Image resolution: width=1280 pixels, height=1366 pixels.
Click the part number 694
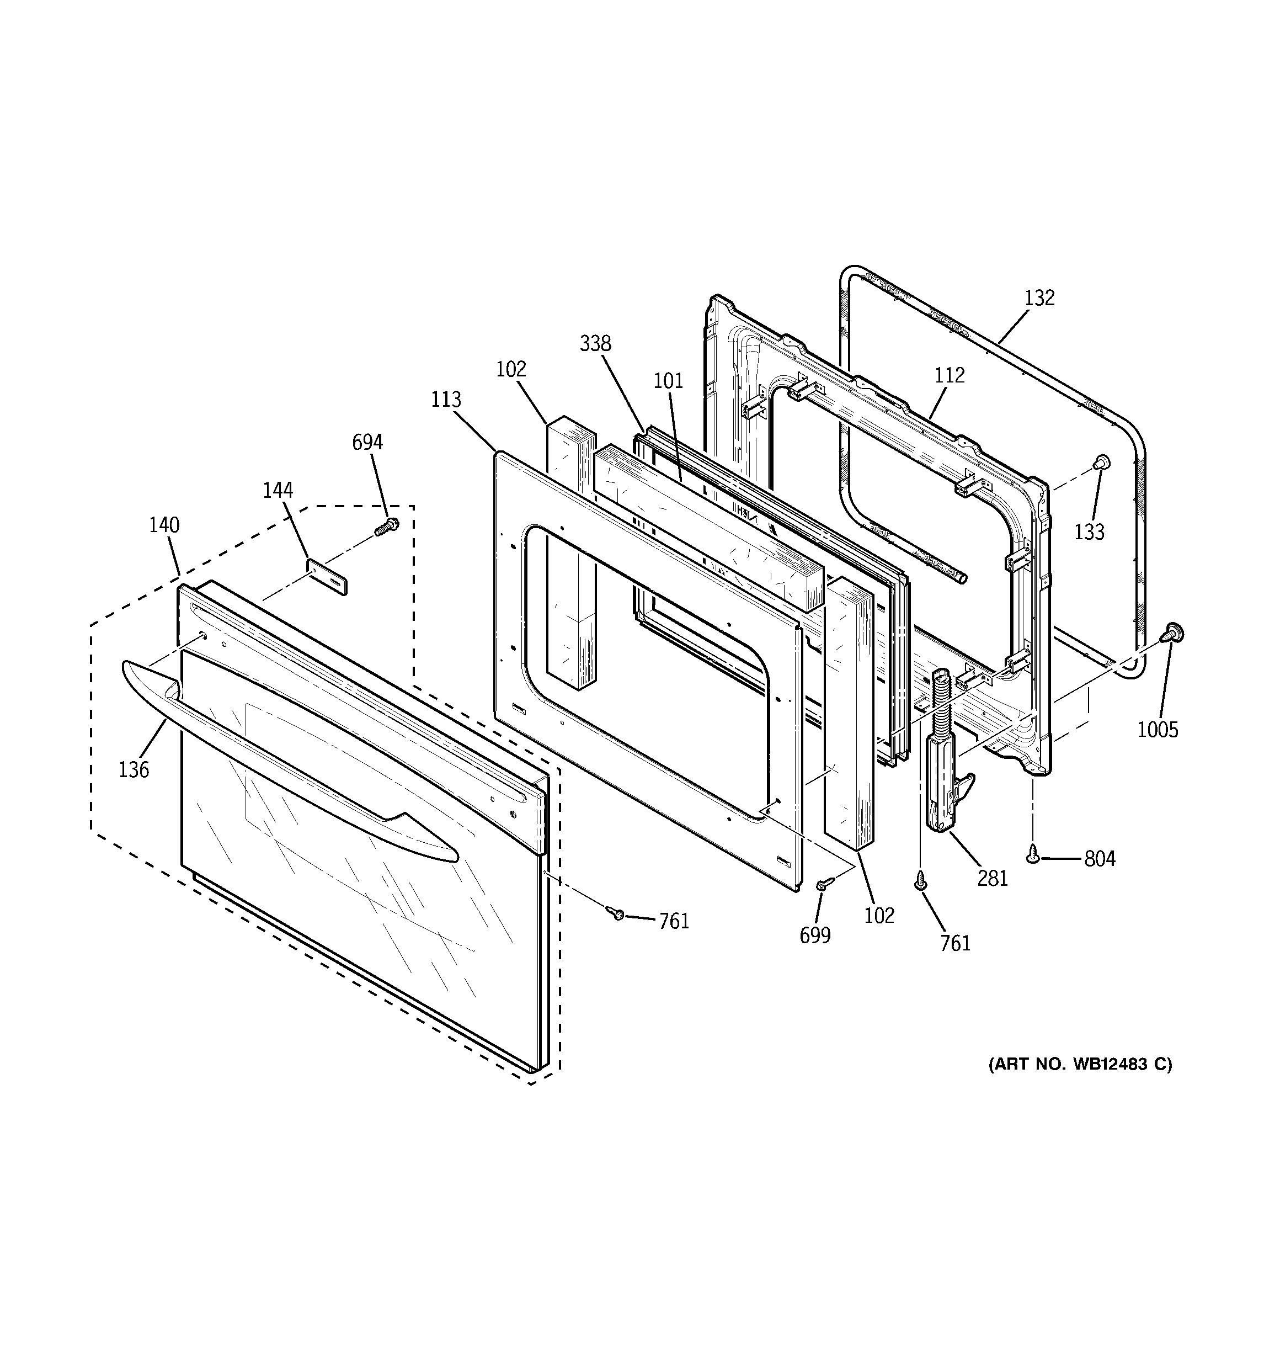(x=367, y=443)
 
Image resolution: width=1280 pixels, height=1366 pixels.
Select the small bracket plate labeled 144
(x=327, y=576)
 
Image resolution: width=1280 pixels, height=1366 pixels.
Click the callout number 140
(x=164, y=525)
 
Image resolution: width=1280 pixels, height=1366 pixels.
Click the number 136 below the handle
(x=134, y=769)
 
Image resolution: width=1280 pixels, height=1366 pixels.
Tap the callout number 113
(x=446, y=399)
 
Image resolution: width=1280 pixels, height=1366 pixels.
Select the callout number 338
(x=595, y=343)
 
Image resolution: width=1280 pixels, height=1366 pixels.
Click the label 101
(x=668, y=381)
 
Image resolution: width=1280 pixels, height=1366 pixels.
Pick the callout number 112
(x=950, y=375)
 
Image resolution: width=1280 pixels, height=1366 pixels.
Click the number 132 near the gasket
(x=1039, y=297)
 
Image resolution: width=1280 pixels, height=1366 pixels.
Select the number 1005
(x=1158, y=730)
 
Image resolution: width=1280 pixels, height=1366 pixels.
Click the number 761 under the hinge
(x=956, y=943)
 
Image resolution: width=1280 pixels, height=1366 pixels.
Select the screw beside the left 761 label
(x=616, y=912)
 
